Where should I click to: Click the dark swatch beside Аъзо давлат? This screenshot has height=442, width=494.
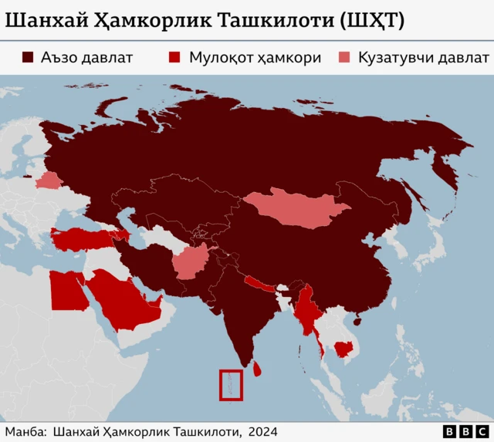[28, 58]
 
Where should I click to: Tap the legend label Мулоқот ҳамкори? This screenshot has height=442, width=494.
[255, 58]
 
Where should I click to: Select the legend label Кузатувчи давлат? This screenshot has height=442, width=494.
[423, 58]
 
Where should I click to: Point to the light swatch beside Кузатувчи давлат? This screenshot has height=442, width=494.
[344, 58]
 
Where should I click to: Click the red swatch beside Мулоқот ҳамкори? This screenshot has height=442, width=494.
[175, 58]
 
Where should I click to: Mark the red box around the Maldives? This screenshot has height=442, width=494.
[231, 385]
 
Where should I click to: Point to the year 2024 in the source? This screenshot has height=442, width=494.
[262, 432]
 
